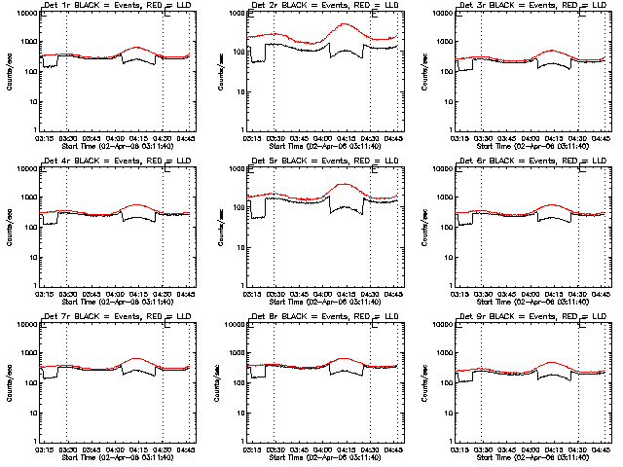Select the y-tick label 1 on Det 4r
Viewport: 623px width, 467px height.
[36, 286]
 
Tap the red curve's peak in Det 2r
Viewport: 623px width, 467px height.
[344, 25]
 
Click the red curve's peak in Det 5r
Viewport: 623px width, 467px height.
[344, 184]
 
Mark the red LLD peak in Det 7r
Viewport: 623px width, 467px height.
[134, 359]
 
